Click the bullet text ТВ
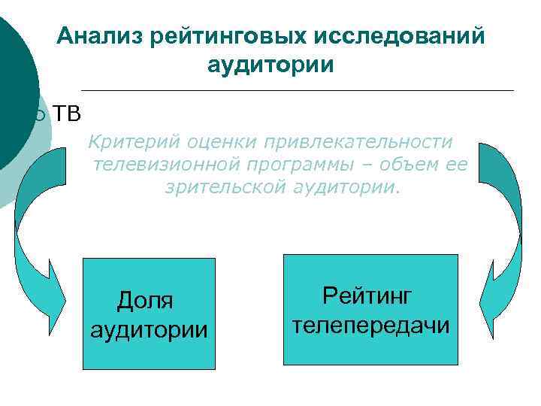pyautogui.click(x=66, y=114)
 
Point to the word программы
pyautogui.click(x=299, y=164)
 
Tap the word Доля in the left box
pyautogui.click(x=145, y=301)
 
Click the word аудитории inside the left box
pyautogui.click(x=148, y=329)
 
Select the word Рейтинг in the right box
pyautogui.click(x=367, y=295)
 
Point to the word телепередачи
pyautogui.click(x=370, y=325)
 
